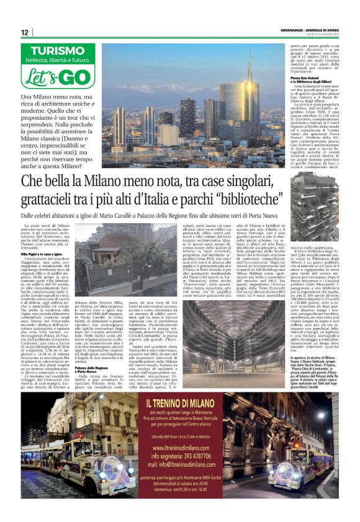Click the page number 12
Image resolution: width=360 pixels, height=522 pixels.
point(24,32)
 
